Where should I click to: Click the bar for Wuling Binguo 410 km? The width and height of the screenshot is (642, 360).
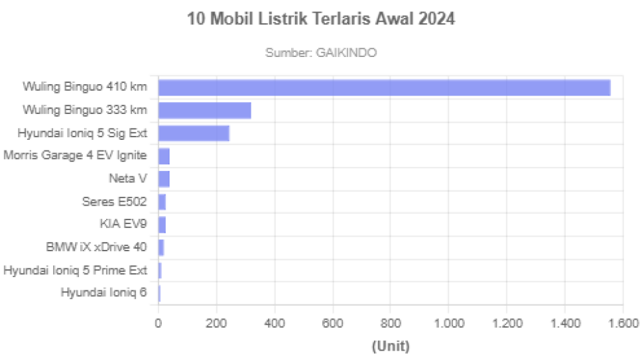[x=385, y=88]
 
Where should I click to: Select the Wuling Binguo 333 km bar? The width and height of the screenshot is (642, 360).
[x=206, y=111]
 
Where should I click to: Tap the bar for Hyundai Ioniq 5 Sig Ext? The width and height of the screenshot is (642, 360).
[x=194, y=133]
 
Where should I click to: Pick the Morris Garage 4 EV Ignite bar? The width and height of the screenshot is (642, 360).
[x=164, y=156]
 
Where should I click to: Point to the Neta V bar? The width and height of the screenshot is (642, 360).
[x=164, y=179]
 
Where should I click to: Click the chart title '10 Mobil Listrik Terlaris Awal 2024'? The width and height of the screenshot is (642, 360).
[x=321, y=20]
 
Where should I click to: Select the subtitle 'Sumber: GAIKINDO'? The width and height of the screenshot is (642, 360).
[x=321, y=52]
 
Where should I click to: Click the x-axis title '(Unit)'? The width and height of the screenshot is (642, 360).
[x=390, y=345]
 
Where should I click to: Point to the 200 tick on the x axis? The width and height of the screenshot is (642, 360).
[x=216, y=323]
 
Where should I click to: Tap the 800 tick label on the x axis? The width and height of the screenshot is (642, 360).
[x=390, y=323]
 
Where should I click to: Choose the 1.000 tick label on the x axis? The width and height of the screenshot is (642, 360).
[x=448, y=323]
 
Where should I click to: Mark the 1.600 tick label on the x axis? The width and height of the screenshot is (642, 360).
[x=621, y=323]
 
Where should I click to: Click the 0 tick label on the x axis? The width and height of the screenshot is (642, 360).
[x=158, y=323]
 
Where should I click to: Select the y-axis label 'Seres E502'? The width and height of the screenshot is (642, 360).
[x=114, y=202]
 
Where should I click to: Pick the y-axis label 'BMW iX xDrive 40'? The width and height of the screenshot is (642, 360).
[x=97, y=247]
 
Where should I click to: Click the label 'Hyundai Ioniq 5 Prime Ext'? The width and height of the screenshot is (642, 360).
[x=75, y=270]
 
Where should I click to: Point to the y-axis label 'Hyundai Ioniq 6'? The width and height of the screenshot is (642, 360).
[x=103, y=293]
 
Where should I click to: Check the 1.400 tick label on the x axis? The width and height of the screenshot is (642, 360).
[x=564, y=323]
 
